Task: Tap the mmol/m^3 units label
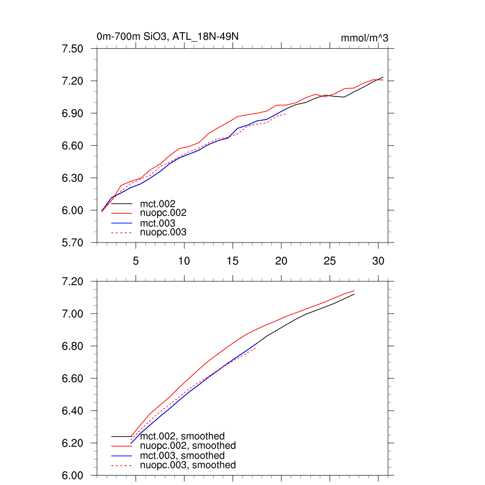coord(364,38)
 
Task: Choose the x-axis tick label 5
coord(135,261)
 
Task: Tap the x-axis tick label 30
coord(378,261)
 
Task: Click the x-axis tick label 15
coord(233,261)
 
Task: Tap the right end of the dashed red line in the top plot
coord(286,114)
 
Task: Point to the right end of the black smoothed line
coord(354,294)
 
